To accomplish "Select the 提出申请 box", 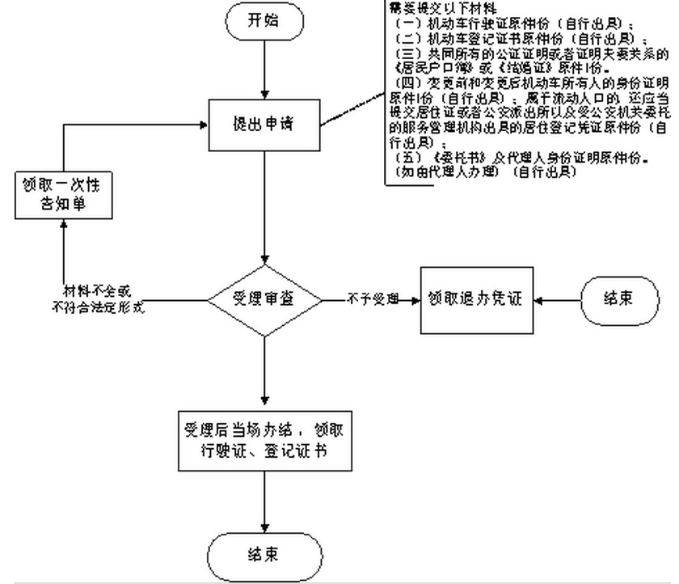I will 264,125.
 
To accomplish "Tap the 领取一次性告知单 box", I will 63,195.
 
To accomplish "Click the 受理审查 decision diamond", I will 264,299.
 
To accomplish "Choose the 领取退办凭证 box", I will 475,298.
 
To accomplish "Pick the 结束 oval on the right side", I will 618,298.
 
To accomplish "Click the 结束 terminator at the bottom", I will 264,556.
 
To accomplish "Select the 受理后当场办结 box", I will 264,441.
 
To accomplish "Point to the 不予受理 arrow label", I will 373,299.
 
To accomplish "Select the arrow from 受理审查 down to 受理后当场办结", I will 264,372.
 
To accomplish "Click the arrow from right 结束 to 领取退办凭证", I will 558,299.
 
